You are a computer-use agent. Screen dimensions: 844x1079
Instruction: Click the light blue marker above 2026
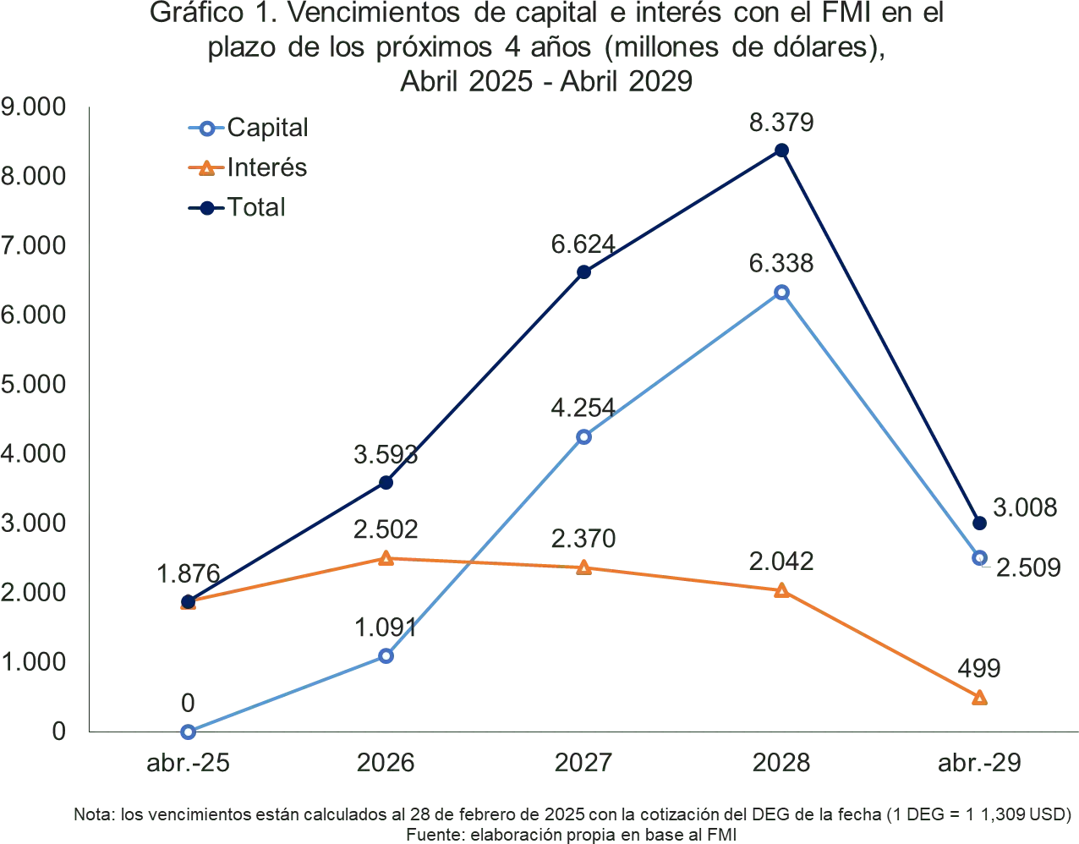tap(386, 655)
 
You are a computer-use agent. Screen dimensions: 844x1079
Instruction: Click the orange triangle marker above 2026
tap(386, 558)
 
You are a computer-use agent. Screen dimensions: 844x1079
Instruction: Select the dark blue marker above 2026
tap(386, 483)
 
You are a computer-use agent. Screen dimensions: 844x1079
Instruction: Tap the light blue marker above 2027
tap(583, 436)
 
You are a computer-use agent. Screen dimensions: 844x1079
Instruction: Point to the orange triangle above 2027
tap(583, 567)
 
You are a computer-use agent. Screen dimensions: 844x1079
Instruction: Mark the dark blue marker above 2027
tap(583, 272)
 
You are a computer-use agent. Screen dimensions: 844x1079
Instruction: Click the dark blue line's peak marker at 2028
tap(781, 151)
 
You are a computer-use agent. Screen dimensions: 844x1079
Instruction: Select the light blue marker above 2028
tap(781, 292)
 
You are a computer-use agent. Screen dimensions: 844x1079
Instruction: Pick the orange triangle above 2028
tap(781, 590)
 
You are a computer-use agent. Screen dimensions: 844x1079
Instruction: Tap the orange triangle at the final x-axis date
tap(979, 698)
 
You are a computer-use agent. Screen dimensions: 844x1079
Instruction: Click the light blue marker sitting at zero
tap(188, 732)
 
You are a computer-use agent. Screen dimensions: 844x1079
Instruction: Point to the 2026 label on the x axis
tap(386, 762)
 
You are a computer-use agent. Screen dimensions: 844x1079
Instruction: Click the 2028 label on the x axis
tap(781, 762)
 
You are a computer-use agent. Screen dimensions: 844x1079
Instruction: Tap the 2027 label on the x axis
tap(583, 762)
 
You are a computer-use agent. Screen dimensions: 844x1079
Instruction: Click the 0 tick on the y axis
tap(59, 732)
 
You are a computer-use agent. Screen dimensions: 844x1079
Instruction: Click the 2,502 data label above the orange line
tap(386, 529)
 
